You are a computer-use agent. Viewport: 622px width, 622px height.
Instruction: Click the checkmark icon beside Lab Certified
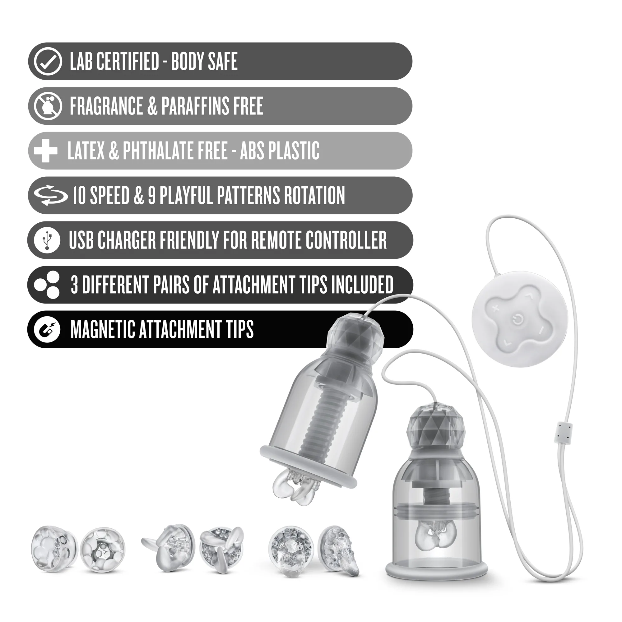tap(48, 62)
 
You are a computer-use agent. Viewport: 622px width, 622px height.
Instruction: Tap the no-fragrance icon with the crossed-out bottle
tap(48, 106)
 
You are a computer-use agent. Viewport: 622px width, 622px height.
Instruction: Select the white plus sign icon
tap(45, 151)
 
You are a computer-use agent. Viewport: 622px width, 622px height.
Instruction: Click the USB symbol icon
tap(47, 240)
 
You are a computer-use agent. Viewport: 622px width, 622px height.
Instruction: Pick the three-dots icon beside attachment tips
tap(47, 285)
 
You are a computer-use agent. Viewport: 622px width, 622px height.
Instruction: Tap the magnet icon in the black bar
tap(47, 329)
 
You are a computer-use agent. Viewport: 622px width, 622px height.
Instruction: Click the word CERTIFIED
tap(128, 62)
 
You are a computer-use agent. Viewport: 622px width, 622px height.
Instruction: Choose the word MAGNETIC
tap(102, 329)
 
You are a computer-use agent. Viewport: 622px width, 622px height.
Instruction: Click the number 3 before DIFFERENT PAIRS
tap(74, 285)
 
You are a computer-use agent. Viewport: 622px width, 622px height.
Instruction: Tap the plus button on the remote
tap(495, 309)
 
